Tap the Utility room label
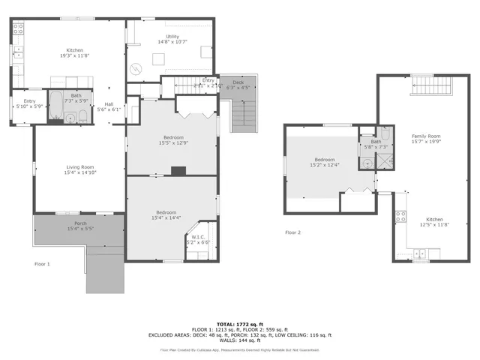173,37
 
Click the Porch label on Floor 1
79,223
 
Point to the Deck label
238,82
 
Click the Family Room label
425,136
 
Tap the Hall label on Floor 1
109,103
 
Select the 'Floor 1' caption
43,264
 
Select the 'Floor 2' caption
292,232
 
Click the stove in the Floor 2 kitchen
401,217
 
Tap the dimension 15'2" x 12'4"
325,166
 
